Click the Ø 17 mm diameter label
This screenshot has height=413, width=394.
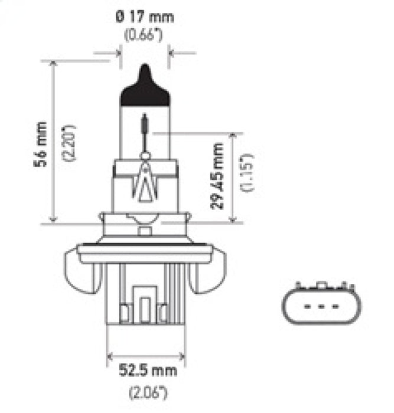(x=145, y=17)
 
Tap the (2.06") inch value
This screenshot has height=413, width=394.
(x=145, y=391)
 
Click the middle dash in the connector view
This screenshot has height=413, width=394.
(x=319, y=306)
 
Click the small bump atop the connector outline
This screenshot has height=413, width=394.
(x=319, y=286)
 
